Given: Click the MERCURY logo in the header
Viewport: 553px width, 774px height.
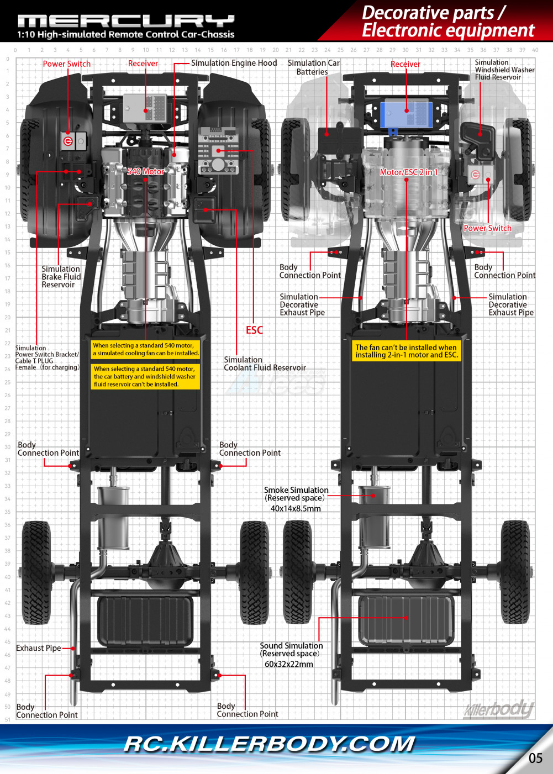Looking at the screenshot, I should coord(126,21).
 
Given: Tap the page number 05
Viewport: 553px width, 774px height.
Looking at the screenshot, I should coord(535,758).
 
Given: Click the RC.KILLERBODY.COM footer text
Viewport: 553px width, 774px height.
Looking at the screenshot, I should coord(269,744).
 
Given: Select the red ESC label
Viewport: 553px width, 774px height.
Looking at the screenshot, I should coord(254,330).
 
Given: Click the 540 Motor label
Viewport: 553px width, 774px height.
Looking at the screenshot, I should coord(146,172).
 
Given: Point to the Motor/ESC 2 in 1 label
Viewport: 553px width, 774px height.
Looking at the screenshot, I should coord(408,172).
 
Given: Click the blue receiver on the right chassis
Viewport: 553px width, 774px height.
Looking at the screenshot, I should coord(406,113).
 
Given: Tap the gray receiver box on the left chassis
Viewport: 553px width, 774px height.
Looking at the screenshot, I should coord(145,108).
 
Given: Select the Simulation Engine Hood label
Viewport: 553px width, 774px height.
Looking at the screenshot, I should coord(234,63).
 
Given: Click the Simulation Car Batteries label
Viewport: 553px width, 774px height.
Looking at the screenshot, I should coord(313,67).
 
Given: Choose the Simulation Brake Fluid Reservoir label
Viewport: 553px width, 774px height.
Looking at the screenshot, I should coord(61,277).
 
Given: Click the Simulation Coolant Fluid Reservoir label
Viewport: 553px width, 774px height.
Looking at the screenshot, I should coord(265,364).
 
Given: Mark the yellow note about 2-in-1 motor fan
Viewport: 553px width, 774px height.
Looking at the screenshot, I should coord(406,351).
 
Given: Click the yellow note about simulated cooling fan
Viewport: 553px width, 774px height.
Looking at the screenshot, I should coord(145,349).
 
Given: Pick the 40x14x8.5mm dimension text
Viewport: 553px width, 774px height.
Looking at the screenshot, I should coord(296,509).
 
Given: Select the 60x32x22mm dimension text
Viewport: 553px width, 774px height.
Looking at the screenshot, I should coord(289,665).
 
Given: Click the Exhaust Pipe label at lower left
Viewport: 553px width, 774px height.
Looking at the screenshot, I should coord(39,648).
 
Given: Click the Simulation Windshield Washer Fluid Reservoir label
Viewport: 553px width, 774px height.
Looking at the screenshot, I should coord(504,70).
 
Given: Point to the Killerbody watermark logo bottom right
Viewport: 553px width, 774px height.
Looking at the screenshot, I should coord(499,709).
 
